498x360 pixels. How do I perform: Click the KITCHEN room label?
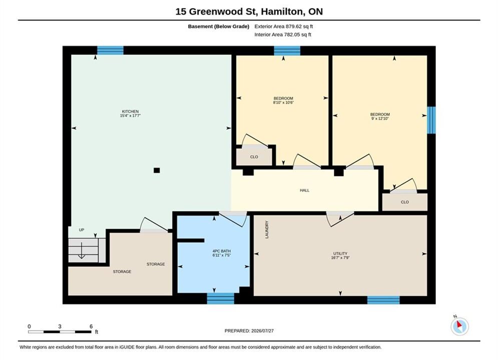130,111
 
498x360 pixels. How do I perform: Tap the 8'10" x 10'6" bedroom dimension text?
283,102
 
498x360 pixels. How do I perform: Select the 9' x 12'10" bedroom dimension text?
380,118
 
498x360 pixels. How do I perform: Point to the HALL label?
304,190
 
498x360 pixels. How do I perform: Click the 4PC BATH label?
221,251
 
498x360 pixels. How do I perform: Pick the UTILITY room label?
340,253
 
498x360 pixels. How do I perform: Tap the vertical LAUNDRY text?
267,229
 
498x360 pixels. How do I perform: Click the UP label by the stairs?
82,229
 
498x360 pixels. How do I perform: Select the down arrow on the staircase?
81,250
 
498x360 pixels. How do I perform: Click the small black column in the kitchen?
157,170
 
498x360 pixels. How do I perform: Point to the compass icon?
459,326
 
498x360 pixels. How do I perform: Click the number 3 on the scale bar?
60,326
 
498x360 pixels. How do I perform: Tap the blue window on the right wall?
431,120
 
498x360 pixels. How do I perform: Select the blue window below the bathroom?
220,298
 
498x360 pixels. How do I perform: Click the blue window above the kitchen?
110,50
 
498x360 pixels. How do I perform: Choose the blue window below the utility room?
383,300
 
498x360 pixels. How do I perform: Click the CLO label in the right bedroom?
404,202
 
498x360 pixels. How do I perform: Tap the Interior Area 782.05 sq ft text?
283,34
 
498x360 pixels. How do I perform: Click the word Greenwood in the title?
222,11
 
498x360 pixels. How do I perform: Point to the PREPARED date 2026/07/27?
262,331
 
